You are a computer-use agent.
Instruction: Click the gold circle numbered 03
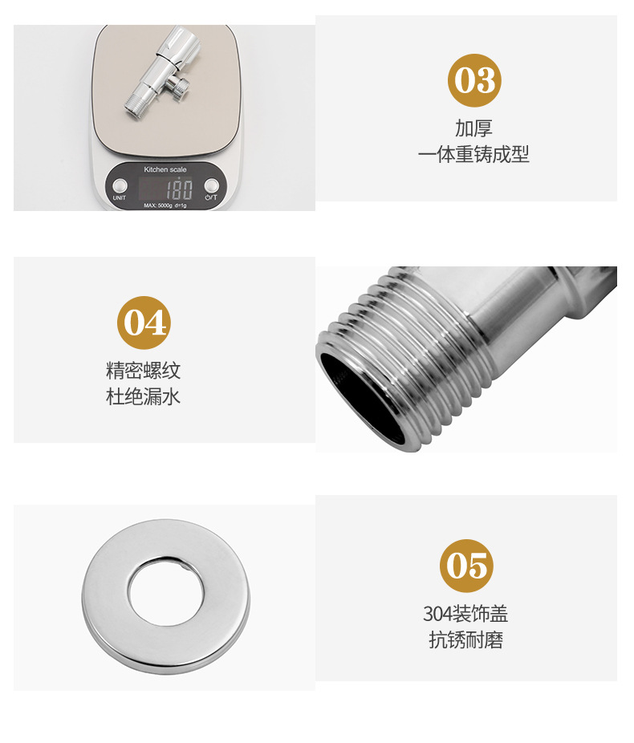[474, 80]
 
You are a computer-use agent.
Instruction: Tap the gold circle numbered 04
[144, 323]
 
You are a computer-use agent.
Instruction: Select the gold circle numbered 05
[466, 566]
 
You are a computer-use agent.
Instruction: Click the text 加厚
[473, 128]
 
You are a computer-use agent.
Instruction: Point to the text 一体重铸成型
[473, 154]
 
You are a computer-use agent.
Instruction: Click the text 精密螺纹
[144, 371]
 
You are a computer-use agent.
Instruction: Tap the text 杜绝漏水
[144, 396]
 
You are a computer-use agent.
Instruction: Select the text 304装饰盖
[465, 615]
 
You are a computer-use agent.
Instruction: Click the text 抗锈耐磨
[465, 640]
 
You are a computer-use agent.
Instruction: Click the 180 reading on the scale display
[178, 189]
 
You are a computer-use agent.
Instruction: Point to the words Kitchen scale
[165, 169]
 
